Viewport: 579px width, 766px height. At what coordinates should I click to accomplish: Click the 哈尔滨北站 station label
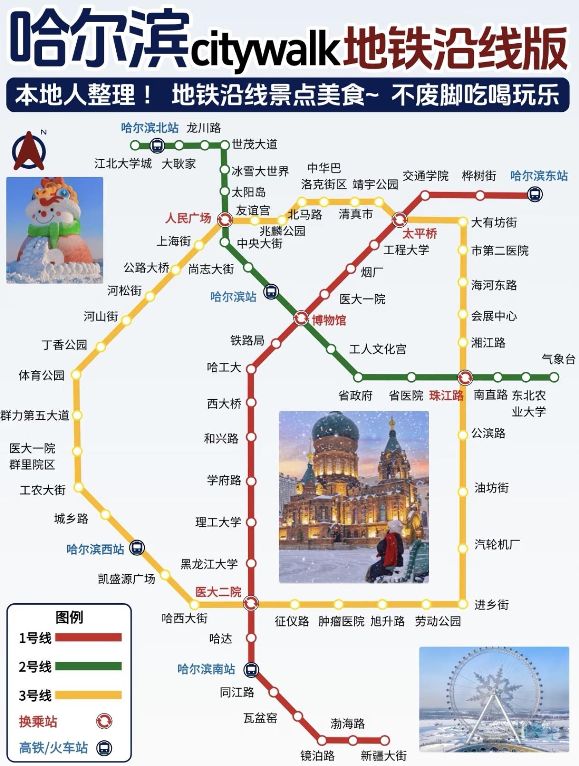[x=150, y=128]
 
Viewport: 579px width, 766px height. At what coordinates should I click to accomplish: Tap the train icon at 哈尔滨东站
[x=534, y=195]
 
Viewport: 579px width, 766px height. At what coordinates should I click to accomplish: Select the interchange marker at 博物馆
[x=301, y=318]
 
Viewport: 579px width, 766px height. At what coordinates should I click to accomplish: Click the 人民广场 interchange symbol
[x=225, y=220]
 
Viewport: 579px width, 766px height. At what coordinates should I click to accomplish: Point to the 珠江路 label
[x=446, y=395]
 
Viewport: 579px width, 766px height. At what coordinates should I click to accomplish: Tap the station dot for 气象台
[x=554, y=377]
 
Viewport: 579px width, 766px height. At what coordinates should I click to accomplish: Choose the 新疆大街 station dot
[x=384, y=741]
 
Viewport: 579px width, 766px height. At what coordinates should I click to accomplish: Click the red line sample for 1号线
[x=88, y=638]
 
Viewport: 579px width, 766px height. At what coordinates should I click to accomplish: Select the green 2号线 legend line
[x=88, y=666]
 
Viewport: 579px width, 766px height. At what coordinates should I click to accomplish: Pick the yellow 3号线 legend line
[x=88, y=695]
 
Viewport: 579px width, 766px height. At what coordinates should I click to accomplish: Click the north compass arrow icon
[x=29, y=151]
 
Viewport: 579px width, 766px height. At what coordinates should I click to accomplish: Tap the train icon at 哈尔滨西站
[x=137, y=548]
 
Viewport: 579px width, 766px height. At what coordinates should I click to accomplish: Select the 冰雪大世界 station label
[x=260, y=171]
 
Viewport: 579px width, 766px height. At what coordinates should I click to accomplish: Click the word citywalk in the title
[x=265, y=47]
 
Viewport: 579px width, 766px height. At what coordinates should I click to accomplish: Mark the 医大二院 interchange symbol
[x=251, y=603]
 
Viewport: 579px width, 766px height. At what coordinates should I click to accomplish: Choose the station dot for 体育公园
[x=76, y=375]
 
